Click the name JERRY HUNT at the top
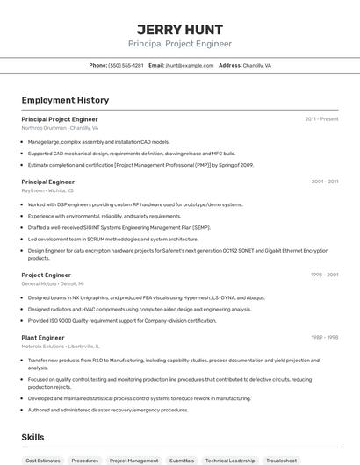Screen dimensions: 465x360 [x=180, y=29]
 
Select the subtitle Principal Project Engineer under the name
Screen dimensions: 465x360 [x=180, y=44]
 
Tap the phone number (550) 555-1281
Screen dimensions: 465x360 [x=126, y=65]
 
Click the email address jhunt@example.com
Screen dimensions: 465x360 [x=190, y=65]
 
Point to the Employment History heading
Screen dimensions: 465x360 [x=65, y=101]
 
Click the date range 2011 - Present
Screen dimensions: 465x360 [x=321, y=119]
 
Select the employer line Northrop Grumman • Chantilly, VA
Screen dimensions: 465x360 [x=60, y=128]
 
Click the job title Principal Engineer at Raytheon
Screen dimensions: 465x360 [x=47, y=182]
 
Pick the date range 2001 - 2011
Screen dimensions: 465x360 [x=325, y=182]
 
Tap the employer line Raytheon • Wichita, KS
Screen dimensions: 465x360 [x=47, y=190]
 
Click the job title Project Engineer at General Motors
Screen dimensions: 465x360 [x=46, y=275]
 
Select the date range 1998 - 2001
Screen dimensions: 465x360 [x=324, y=275]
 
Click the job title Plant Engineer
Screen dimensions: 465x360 [x=43, y=338]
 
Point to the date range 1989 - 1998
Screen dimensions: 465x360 [x=324, y=338]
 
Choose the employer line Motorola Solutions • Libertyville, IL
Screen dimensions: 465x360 [x=61, y=347]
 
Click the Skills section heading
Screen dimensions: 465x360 [x=32, y=437]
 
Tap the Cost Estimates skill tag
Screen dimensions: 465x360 [x=43, y=460]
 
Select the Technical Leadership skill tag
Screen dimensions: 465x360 [x=230, y=460]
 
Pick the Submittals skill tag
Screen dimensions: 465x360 [x=182, y=460]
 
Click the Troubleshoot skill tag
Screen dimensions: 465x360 [x=282, y=460]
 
